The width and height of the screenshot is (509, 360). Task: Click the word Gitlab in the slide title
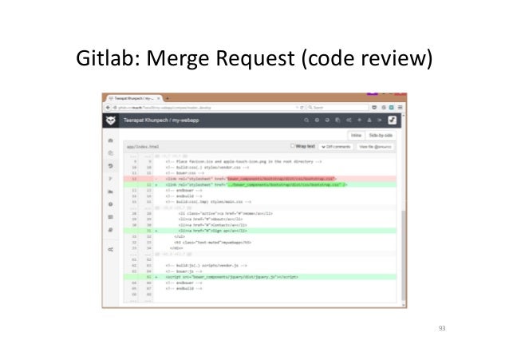point(104,59)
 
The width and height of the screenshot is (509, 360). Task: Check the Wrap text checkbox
point(294,146)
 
